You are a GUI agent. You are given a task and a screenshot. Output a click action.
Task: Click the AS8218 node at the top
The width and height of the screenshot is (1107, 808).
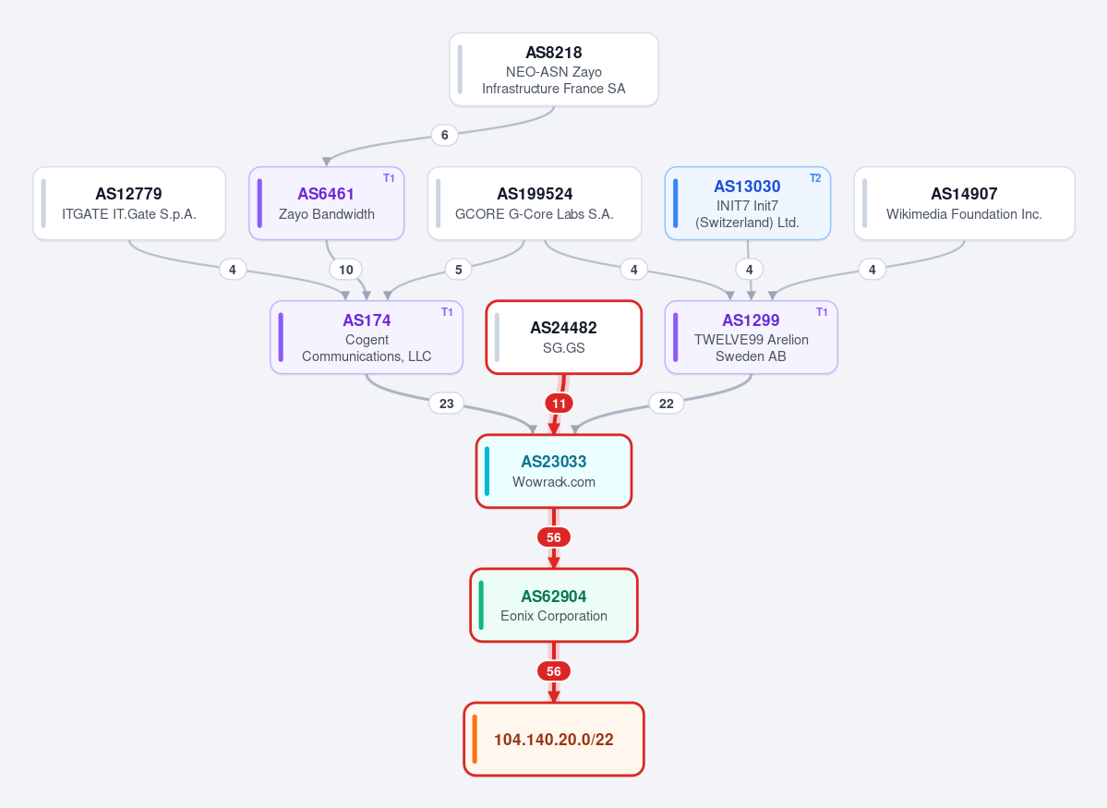[x=554, y=69]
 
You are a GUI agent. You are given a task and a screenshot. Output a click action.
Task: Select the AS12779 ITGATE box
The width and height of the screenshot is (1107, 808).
[x=129, y=203]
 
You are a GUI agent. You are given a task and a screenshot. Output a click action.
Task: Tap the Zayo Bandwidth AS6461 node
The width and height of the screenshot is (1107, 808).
[x=326, y=203]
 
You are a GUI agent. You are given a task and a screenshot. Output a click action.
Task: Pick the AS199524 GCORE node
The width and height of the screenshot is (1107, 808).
[x=535, y=203]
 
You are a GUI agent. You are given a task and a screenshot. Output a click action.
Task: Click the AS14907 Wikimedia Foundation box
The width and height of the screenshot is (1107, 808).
[x=965, y=203]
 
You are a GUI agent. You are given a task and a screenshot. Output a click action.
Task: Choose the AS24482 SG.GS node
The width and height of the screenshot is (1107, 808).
[x=563, y=337]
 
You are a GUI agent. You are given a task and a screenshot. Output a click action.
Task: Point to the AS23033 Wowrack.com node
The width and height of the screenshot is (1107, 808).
[x=554, y=471]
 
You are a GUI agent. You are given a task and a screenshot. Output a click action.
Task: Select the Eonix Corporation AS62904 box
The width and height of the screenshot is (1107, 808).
[x=554, y=605]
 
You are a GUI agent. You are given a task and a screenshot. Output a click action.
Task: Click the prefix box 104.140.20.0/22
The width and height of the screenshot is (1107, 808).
[x=554, y=739]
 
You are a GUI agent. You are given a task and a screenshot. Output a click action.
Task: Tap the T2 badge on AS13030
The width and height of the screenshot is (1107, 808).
[x=814, y=178]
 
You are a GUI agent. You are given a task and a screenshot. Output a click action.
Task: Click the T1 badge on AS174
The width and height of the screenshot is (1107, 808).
[x=447, y=312]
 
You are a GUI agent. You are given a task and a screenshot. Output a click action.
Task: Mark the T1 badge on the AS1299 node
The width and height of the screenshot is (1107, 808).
[x=822, y=312]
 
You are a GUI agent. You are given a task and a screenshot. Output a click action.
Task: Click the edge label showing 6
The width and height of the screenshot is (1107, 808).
[x=444, y=135]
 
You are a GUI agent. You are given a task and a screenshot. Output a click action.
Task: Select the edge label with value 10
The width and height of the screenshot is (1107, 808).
[x=346, y=269]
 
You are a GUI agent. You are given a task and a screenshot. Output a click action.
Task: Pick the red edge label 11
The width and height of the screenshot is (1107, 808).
[x=560, y=404]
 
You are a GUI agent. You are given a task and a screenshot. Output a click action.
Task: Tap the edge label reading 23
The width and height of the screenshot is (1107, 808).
[x=446, y=404]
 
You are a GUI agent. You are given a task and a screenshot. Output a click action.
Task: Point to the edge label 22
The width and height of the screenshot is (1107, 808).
[x=667, y=404]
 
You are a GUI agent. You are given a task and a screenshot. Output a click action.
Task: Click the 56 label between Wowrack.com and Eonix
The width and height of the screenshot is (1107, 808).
[x=554, y=537]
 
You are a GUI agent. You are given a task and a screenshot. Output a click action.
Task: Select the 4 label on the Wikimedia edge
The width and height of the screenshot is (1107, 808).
[x=872, y=269]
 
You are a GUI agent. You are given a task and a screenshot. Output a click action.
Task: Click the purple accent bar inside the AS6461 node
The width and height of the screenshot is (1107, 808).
[x=259, y=203]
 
